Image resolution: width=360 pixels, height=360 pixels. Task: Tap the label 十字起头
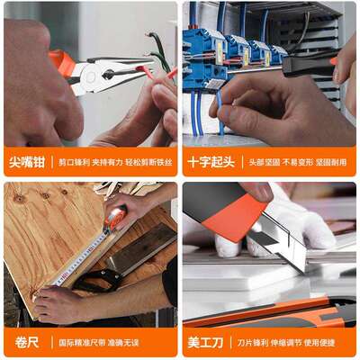pos(211,163)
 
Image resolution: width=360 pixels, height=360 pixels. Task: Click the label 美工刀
pos(207,343)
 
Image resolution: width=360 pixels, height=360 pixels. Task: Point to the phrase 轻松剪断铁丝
pos(147,164)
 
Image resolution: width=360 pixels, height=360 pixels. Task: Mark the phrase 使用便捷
pos(331,343)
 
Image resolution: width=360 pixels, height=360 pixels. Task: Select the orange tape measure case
pos(116,217)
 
